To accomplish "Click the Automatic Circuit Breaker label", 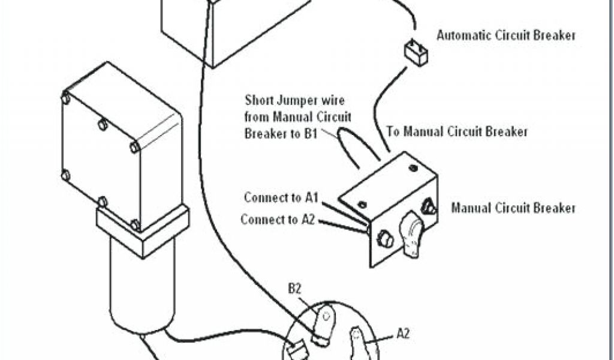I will click(506, 35).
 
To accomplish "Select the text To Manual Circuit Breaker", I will click(457, 131).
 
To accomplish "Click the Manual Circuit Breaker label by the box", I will click(513, 209).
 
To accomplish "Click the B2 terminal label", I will click(294, 289).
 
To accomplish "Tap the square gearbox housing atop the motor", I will click(120, 144).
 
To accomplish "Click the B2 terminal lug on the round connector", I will click(326, 321).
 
